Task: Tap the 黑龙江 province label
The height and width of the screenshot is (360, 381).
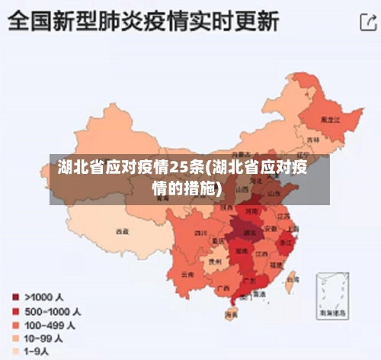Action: tap(330, 120)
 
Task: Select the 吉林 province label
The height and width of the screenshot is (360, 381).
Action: tap(312, 141)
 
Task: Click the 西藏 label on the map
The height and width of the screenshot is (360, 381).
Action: tap(122, 230)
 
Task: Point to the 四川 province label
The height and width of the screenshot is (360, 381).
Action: tap(200, 232)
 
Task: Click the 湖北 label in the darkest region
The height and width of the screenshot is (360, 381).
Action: tap(248, 232)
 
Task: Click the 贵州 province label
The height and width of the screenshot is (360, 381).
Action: tap(216, 261)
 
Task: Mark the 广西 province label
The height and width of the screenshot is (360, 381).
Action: tap(223, 288)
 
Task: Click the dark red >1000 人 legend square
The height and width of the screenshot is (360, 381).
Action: tap(14, 297)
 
